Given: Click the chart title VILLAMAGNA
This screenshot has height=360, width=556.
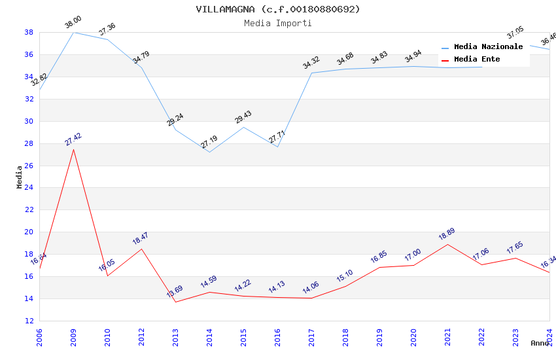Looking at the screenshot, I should [x=277, y=9].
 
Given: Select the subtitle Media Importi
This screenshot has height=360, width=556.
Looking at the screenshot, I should [x=277, y=23].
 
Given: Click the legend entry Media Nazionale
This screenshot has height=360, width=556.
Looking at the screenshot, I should [x=488, y=47].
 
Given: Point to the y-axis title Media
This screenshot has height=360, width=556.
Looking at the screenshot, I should [x=20, y=177].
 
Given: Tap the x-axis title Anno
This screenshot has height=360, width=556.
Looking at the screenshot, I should [x=540, y=343].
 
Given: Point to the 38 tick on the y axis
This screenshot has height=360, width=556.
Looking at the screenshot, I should [x=29, y=32].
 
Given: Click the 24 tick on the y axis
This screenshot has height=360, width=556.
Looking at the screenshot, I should [x=29, y=188].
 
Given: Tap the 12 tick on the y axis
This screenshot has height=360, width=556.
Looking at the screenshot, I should [x=29, y=321].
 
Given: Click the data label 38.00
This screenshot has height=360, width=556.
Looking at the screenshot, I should [x=73, y=23].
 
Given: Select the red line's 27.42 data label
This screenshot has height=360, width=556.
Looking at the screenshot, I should [x=73, y=139].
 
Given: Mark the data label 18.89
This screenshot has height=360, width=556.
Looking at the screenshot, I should [x=447, y=234].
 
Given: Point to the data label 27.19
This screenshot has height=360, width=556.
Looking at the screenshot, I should [x=209, y=142].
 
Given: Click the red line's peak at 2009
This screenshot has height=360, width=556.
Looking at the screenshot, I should [x=73, y=149].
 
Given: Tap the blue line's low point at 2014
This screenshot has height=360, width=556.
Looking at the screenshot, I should [x=209, y=152].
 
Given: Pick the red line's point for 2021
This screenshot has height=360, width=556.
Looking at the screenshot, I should [x=447, y=244].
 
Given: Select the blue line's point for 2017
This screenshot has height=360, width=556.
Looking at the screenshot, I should [x=311, y=73].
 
